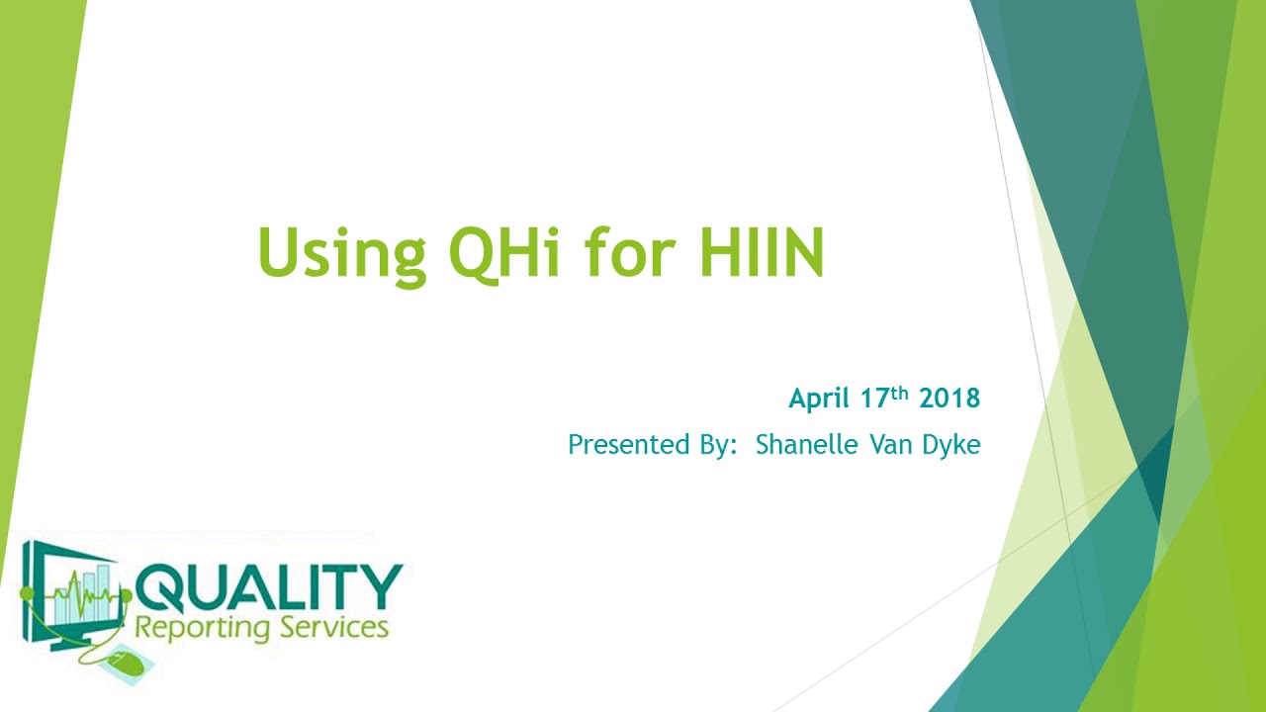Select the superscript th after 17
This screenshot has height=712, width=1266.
click(x=899, y=392)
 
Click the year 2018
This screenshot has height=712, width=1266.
click(x=949, y=399)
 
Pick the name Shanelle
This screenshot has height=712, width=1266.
click(x=807, y=445)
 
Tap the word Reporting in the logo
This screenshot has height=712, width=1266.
click(x=199, y=628)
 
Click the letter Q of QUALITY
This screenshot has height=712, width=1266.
click(x=159, y=589)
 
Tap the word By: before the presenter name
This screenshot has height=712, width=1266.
click(x=714, y=445)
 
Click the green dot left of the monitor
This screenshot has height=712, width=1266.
click(x=27, y=593)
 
